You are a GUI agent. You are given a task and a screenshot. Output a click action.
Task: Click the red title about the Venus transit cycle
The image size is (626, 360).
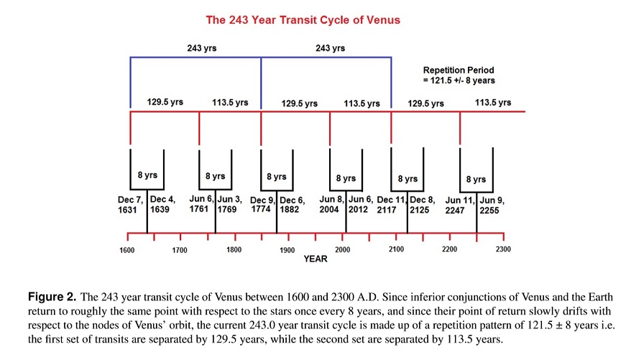[x=303, y=20]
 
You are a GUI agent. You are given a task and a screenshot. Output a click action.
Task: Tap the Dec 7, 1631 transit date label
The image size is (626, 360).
[x=132, y=204]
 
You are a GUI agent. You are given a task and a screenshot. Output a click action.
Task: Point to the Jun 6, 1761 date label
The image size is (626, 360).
[x=201, y=204]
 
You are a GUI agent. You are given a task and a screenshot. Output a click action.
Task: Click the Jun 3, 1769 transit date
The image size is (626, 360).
[x=229, y=204]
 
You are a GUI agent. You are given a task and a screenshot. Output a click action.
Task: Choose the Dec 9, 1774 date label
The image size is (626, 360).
[x=263, y=204]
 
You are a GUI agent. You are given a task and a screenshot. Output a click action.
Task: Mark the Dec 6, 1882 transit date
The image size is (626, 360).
[x=293, y=204]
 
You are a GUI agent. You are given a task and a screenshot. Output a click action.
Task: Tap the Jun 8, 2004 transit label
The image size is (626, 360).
[x=332, y=204]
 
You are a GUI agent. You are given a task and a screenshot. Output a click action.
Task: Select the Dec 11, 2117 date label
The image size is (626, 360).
[x=392, y=204]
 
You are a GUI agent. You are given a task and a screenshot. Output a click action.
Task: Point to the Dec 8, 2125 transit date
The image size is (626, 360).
[x=423, y=204]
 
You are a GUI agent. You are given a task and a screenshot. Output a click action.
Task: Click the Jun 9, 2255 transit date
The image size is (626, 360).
[x=492, y=205]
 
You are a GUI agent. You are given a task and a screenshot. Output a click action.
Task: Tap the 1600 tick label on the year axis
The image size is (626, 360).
[x=127, y=250]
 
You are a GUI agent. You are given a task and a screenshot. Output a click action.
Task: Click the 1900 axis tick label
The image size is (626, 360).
[x=287, y=250]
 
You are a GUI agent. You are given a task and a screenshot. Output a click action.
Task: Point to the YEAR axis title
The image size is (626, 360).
[x=315, y=259]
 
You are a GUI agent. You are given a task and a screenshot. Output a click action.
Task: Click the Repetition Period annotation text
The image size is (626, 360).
[x=459, y=75]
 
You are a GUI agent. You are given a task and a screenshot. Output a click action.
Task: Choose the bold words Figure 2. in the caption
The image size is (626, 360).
[x=52, y=296]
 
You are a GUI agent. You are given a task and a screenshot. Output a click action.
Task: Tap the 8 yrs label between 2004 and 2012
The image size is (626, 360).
[x=346, y=177]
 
